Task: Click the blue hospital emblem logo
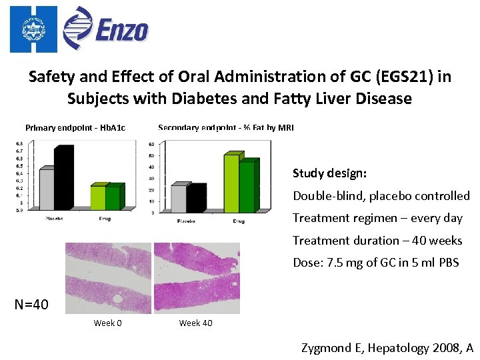point(31,28)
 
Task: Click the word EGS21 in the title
point(397,77)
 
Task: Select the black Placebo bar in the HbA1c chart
point(64,179)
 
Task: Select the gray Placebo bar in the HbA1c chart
point(47,190)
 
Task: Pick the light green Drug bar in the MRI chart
point(231,183)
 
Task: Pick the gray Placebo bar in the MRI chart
point(179,199)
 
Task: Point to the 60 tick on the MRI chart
point(151,144)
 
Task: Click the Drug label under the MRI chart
point(238,221)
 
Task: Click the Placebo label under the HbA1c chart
point(54,219)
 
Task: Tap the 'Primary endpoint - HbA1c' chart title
point(75,127)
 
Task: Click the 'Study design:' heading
point(329,173)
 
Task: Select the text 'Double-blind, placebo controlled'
point(381,196)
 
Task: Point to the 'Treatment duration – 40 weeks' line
point(377,240)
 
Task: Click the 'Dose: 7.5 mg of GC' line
point(376,262)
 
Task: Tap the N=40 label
point(31,305)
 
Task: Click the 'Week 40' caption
point(195,323)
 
